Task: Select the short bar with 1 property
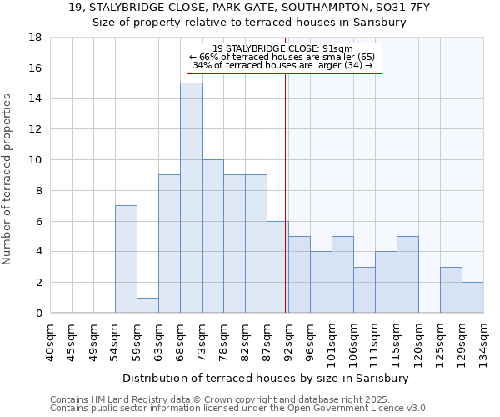click(147, 305)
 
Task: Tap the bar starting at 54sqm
click(126, 259)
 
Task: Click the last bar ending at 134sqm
click(472, 297)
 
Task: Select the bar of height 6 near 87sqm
click(277, 267)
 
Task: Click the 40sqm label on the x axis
click(50, 342)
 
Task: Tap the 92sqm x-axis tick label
click(288, 342)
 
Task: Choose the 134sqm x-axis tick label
click(483, 343)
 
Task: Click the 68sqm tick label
click(180, 342)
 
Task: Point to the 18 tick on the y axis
click(35, 38)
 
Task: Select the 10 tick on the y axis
click(35, 160)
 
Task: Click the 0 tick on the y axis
click(38, 313)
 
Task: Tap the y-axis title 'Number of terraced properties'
click(8, 178)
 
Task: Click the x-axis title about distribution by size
click(266, 378)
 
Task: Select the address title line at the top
click(249, 8)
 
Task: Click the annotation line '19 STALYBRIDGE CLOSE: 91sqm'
click(283, 49)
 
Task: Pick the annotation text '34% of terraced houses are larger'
click(282, 64)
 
